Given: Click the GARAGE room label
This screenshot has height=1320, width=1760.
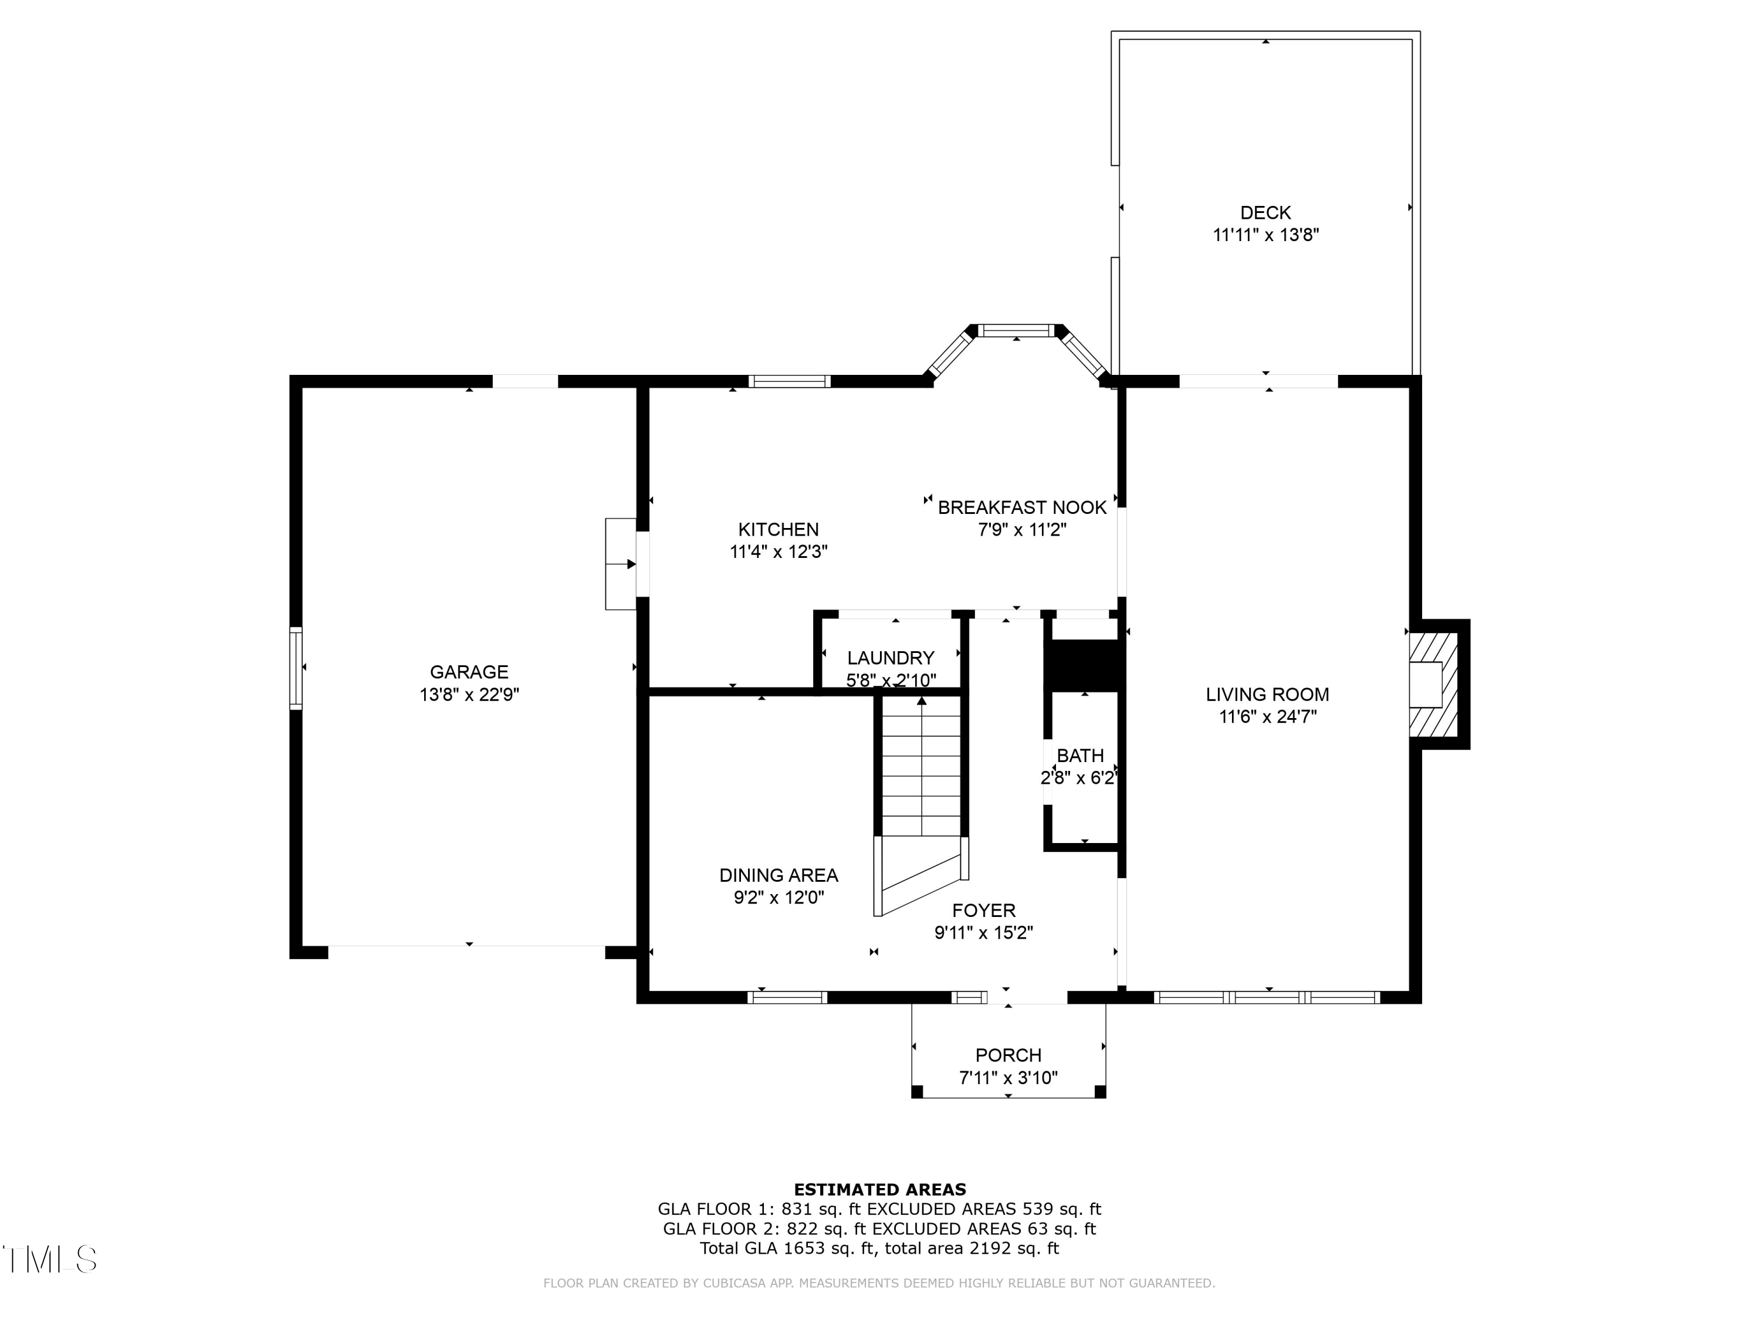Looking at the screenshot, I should [x=469, y=672].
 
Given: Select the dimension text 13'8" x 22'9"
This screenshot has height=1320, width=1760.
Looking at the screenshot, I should [x=469, y=695].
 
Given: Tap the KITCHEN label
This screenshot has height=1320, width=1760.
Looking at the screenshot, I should [x=778, y=529].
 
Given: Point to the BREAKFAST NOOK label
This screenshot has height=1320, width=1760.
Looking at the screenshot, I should [x=1021, y=507].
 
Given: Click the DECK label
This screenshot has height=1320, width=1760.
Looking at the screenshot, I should [x=1265, y=212].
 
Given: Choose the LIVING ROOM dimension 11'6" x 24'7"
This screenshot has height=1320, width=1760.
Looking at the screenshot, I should [x=1267, y=717].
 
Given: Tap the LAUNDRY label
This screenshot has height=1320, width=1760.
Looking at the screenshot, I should [x=891, y=658].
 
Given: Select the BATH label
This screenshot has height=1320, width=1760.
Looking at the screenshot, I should [x=1079, y=755].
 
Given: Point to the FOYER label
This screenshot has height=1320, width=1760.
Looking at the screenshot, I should [x=983, y=911].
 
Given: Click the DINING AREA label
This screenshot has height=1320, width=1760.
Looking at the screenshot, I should [x=778, y=875].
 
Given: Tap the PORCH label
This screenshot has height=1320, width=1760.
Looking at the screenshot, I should [x=1008, y=1055].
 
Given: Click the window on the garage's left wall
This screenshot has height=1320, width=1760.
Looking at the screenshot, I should [x=295, y=668].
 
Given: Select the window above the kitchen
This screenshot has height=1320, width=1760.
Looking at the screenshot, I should [x=789, y=381].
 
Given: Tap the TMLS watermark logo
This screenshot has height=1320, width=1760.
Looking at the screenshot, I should [x=49, y=1260].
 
